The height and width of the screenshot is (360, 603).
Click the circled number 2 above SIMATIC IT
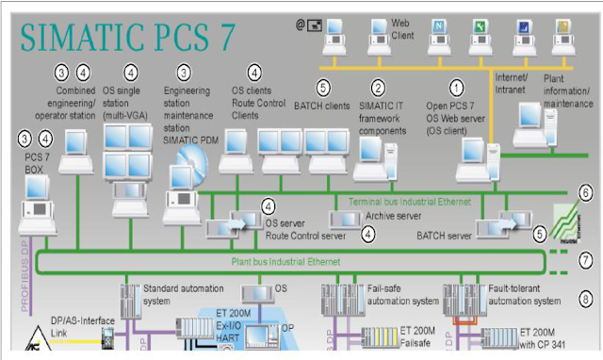click(378, 88)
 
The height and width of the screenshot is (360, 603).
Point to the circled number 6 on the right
click(586, 194)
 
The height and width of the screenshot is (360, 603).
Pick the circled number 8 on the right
click(586, 301)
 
